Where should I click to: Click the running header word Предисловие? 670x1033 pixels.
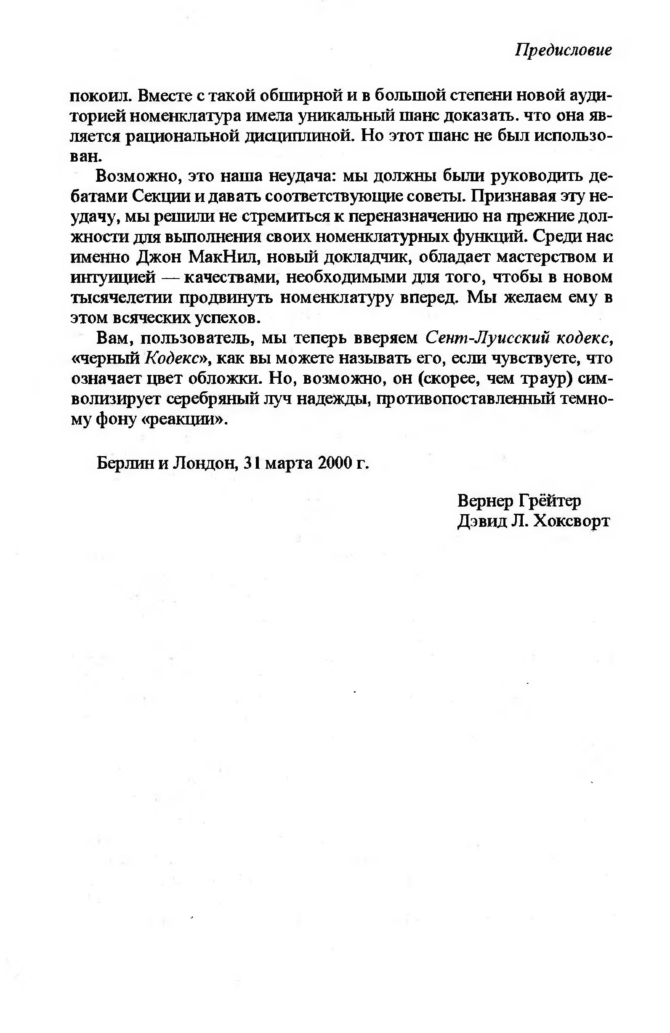pos(563,50)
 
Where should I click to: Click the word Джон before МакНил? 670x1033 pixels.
pos(159,257)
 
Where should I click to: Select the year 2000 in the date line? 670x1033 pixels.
pos(333,463)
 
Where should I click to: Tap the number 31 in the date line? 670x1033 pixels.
pos(252,463)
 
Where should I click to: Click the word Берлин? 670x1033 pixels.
pos(125,463)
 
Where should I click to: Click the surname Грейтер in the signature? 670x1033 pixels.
pos(549,501)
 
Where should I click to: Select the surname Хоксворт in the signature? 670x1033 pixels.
pos(572,520)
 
